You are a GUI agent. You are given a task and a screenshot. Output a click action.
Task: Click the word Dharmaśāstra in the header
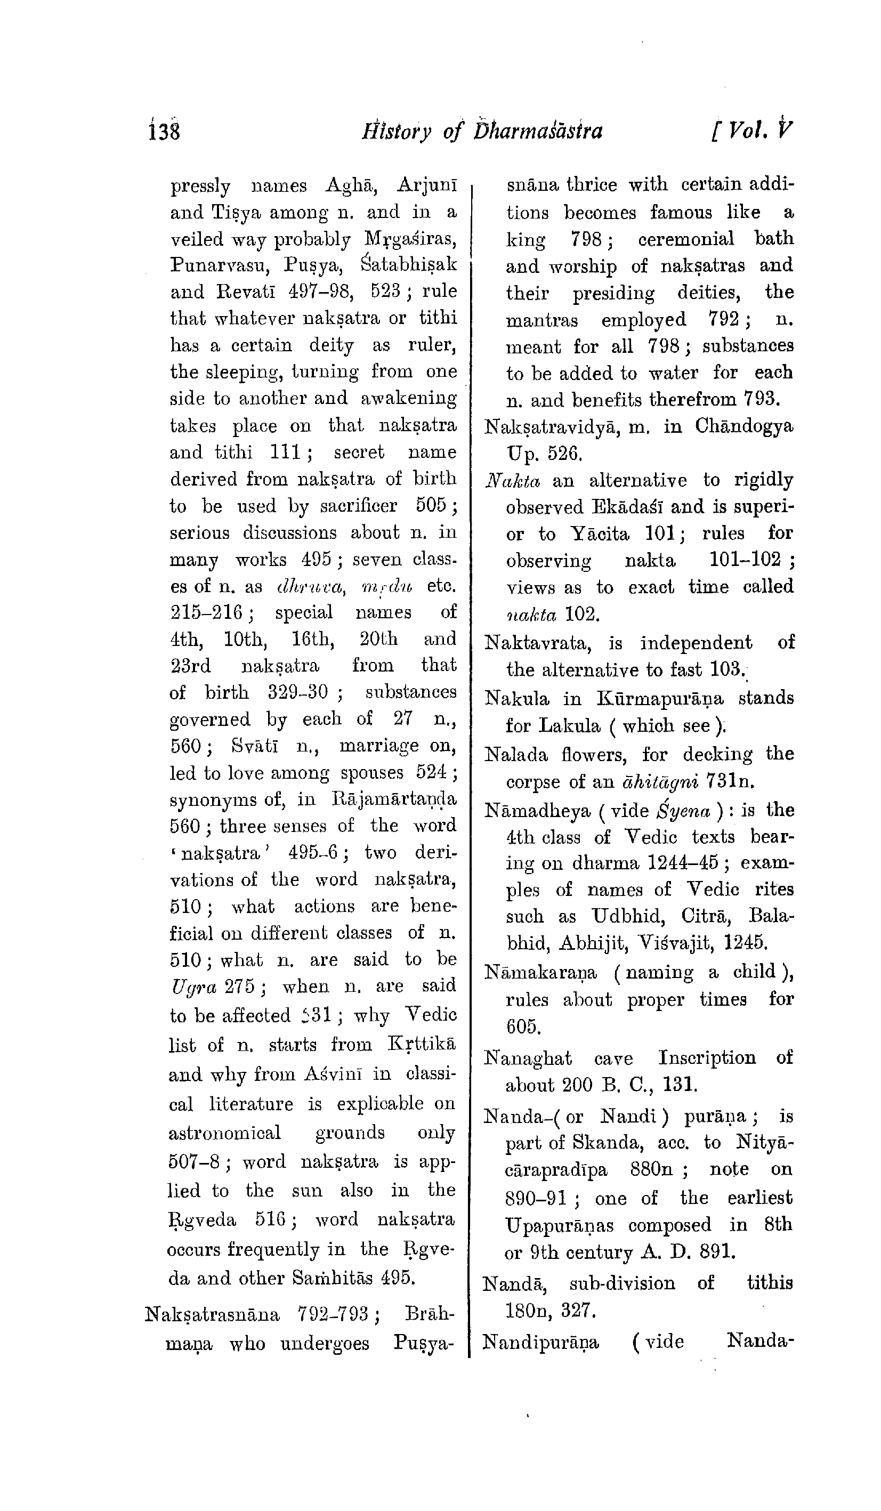point(537,131)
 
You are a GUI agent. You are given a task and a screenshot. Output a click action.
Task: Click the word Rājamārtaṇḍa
point(393,799)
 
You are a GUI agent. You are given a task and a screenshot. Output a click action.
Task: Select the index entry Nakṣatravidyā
point(561,427)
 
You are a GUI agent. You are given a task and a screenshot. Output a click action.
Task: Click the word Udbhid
point(628,917)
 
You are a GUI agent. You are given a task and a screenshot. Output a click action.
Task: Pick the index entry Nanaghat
point(528,1057)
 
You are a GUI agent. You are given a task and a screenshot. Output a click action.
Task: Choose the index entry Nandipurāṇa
point(541,1341)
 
